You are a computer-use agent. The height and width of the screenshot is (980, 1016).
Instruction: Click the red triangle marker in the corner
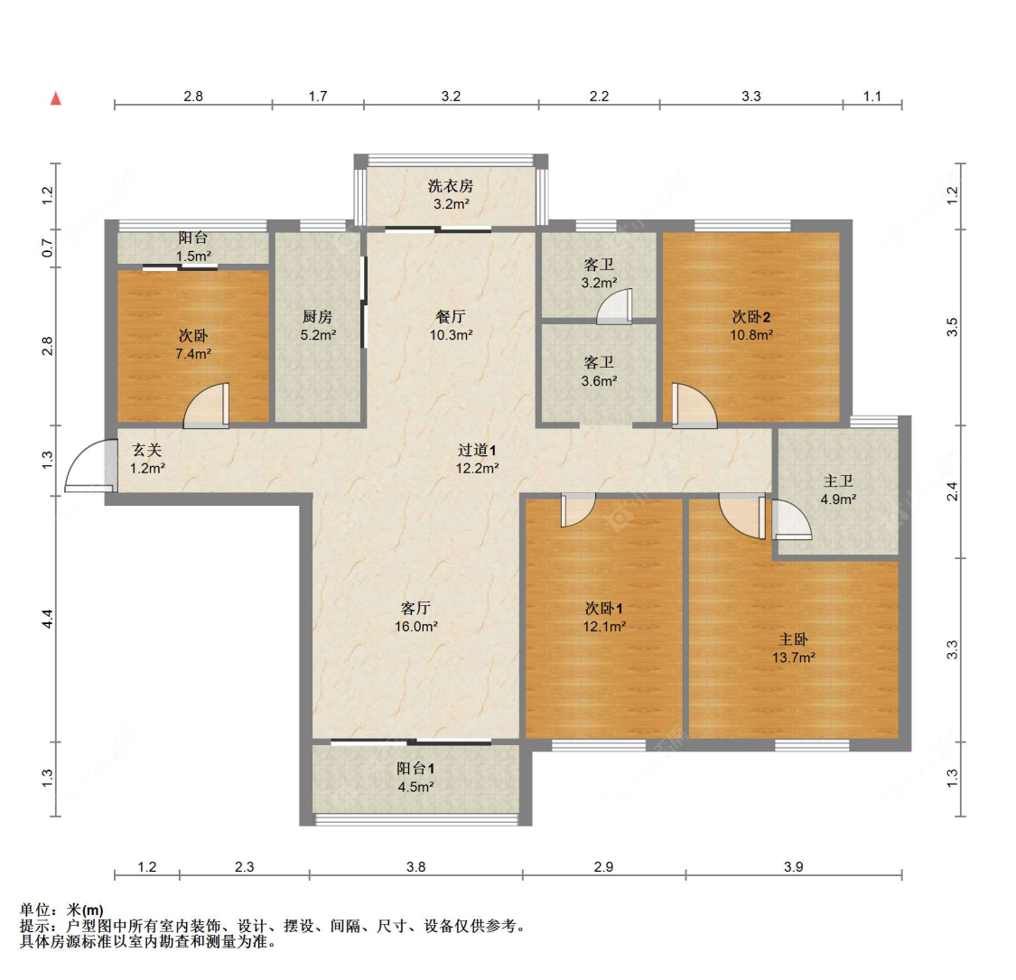click(x=56, y=98)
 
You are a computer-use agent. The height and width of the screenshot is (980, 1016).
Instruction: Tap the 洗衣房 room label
click(x=450, y=195)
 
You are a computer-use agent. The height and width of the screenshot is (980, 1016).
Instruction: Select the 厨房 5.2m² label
click(x=318, y=325)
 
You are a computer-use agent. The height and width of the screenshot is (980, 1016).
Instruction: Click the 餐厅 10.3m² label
click(x=451, y=325)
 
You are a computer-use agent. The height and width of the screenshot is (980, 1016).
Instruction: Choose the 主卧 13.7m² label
click(x=794, y=648)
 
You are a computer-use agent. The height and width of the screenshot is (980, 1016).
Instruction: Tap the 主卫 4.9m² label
click(x=838, y=490)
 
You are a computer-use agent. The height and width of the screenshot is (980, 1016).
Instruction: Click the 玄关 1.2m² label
click(x=147, y=458)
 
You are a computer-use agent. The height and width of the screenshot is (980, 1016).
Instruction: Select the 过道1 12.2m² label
click(x=477, y=458)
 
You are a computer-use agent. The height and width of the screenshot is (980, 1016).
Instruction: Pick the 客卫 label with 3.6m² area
click(x=599, y=371)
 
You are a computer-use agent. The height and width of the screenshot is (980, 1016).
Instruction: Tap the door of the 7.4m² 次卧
click(x=207, y=407)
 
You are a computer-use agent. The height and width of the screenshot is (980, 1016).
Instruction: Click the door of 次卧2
click(x=694, y=406)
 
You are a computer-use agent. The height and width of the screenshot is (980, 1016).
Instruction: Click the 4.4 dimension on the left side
click(x=48, y=620)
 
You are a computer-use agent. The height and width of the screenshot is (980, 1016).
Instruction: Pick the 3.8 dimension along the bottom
click(x=415, y=867)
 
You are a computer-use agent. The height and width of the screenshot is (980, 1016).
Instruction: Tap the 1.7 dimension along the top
click(x=318, y=96)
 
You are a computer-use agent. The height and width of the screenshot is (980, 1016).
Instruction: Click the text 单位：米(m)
click(x=61, y=910)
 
